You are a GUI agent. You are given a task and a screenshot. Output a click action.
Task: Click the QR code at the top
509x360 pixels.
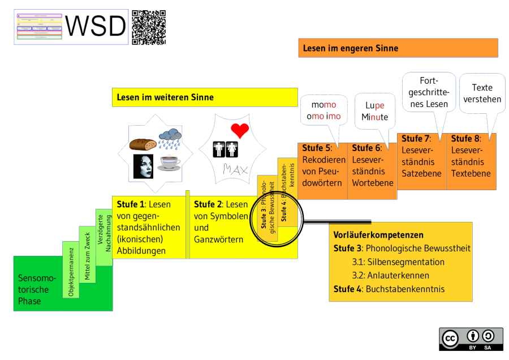[149, 27]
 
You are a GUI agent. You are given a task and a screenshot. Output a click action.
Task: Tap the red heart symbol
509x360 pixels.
[240, 130]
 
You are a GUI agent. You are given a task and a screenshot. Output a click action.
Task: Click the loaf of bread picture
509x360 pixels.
[143, 143]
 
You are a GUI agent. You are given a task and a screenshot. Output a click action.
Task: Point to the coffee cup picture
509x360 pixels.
[169, 163]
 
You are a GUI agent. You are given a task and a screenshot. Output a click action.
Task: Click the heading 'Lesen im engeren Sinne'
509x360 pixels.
[351, 48]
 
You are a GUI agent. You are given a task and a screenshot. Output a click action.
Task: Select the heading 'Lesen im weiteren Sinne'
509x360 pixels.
[165, 97]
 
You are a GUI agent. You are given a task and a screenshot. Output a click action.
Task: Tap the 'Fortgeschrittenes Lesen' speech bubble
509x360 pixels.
[428, 92]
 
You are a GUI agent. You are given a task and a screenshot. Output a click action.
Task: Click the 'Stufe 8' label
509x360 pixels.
[465, 139]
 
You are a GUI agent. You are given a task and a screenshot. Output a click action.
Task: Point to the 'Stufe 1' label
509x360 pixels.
[131, 204]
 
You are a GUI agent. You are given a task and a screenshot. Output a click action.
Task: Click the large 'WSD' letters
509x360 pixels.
[96, 26]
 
